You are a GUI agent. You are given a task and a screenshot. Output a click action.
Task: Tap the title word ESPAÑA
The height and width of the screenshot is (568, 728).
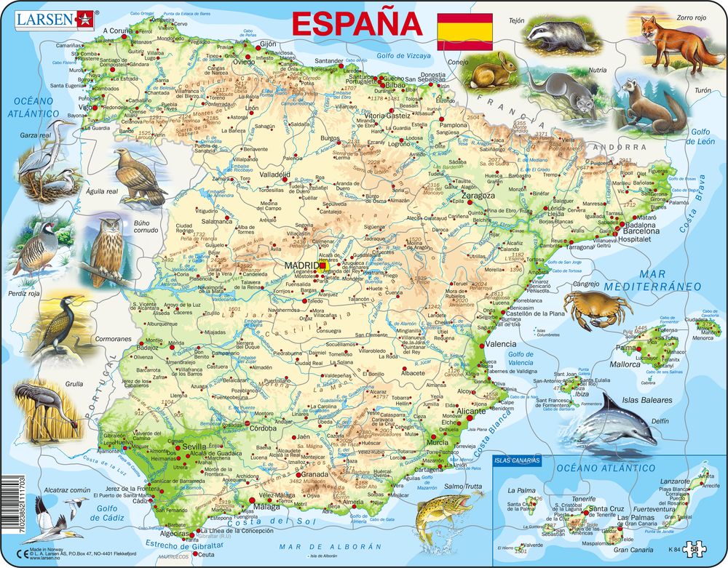coord(356,23)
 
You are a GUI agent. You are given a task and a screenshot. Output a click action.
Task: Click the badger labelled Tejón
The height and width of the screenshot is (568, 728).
coord(559,34)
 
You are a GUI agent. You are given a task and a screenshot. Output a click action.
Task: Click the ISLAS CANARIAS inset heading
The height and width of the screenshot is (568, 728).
coord(518,461)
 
